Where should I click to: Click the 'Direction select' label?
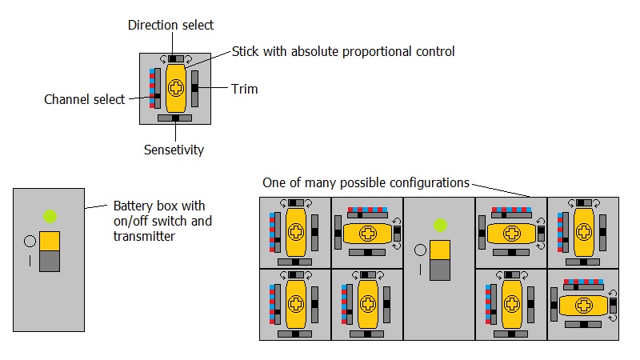171,26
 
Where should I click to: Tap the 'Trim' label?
244,89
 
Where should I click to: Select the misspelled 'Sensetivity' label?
174,150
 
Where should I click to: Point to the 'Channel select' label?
84,100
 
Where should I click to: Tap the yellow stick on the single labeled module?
175,87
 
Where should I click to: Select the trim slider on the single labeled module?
194,88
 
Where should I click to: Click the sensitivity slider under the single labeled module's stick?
174,118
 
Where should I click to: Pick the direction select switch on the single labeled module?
175,58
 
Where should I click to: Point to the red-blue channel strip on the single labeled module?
150,88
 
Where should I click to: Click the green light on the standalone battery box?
50,216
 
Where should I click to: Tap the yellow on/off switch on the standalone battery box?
50,242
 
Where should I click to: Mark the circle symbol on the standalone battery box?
30,240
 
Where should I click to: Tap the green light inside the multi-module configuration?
439,226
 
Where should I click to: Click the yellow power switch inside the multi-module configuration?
439,250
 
